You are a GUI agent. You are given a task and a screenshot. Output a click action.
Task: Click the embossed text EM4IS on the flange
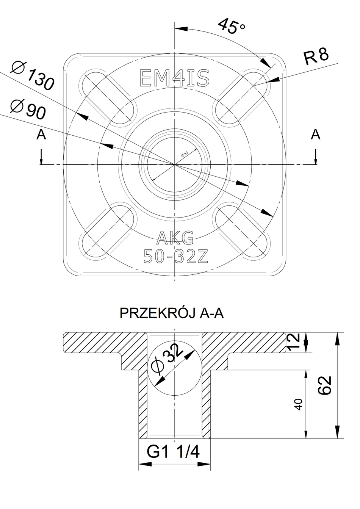coord(174,78)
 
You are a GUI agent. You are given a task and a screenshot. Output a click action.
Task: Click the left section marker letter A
coord(41,135)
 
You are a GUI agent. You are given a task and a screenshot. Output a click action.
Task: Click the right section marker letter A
coord(315,135)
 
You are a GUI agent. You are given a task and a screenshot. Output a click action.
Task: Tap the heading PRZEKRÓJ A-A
coord(172,313)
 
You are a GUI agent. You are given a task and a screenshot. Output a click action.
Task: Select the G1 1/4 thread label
coord(173,452)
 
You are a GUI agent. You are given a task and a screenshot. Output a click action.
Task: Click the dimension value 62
coord(326,385)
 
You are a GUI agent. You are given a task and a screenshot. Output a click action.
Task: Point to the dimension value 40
coord(299,404)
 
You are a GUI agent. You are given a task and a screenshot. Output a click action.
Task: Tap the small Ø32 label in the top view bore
coord(185,154)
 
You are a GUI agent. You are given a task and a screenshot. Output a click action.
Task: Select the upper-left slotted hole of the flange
coord(107,97)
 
